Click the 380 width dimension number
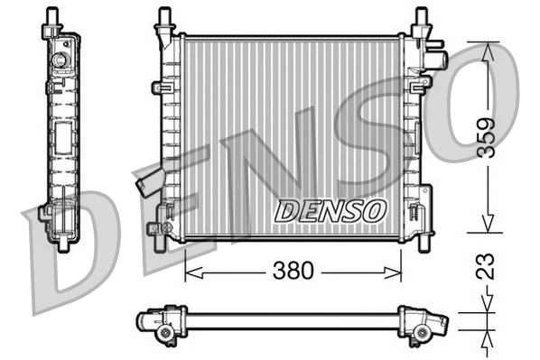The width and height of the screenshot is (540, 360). pyautogui.click(x=293, y=270)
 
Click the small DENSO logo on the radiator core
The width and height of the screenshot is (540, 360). pyautogui.click(x=331, y=210)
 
